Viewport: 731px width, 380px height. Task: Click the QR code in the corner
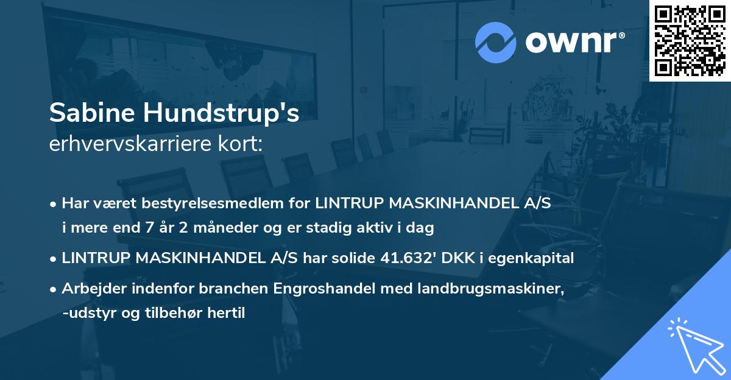[690, 41]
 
